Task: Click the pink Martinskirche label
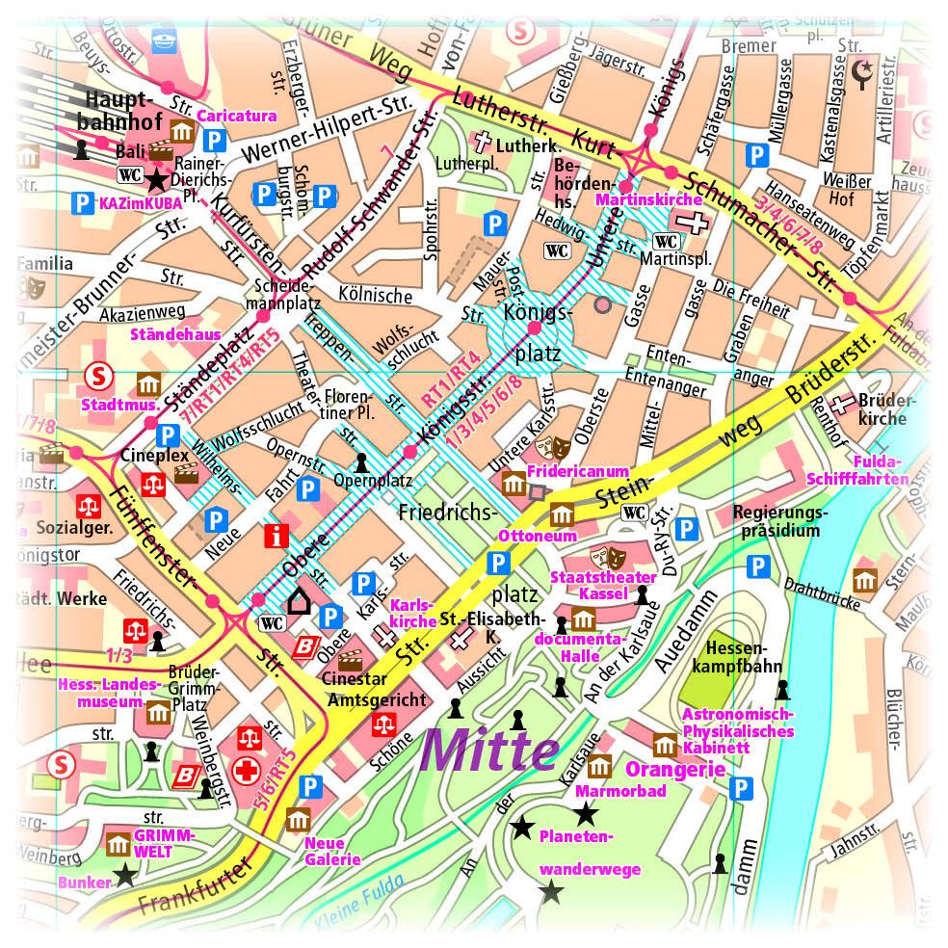point(662,199)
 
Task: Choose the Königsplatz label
point(539,333)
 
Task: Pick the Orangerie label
point(675,770)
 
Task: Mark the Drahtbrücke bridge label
point(821,594)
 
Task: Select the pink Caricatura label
point(237,116)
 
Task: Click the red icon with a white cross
point(249,771)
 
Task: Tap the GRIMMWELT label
point(165,843)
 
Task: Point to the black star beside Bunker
point(125,876)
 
